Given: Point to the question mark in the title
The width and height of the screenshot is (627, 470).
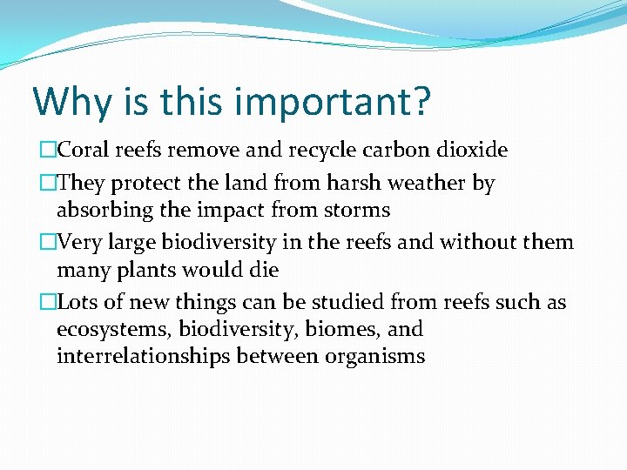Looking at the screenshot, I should coord(419,101).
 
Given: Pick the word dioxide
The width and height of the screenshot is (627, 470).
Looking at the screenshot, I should coord(471,151).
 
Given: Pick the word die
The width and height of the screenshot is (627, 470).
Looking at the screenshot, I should coord(263,270).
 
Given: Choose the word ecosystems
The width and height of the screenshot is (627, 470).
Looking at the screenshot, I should coord(111,330).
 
